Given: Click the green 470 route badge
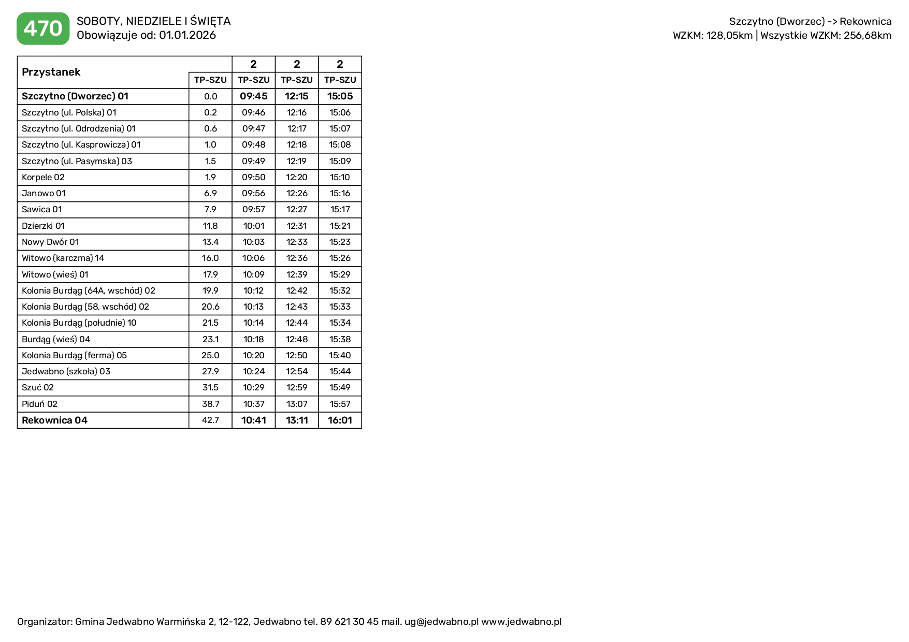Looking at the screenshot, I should point(43,28).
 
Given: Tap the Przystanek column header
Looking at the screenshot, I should point(51,72).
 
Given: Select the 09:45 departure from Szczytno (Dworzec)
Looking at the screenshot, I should point(253,96).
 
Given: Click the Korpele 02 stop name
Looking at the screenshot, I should point(43,177).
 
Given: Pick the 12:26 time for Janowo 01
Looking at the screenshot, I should point(297,193).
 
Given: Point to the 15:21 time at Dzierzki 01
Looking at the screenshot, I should point(340,226).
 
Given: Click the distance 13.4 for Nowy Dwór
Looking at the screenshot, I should point(210,242).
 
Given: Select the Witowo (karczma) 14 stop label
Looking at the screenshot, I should point(63,258).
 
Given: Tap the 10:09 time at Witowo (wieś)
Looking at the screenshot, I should point(254,274).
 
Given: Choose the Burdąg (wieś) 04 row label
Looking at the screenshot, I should point(56,339).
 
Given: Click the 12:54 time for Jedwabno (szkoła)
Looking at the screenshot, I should point(297,371).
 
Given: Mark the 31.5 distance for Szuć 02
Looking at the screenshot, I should point(210,387).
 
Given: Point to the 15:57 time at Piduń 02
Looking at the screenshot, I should point(340,404).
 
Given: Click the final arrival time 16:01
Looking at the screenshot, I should point(340,420).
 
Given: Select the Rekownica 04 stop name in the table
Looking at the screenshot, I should point(54,420).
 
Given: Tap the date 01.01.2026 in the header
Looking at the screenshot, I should point(187,35).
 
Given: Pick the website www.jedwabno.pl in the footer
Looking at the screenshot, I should point(521,621).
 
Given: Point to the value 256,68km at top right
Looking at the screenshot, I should point(868,35).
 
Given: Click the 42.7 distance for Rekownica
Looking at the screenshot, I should point(210,420).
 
